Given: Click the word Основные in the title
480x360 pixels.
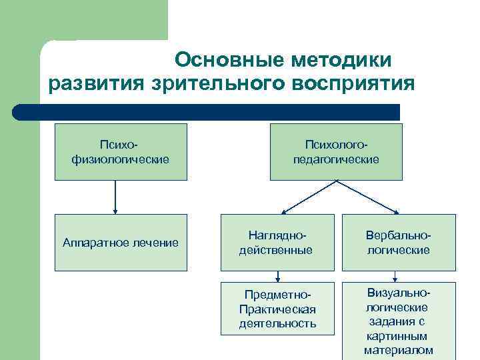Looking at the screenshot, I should point(229,59).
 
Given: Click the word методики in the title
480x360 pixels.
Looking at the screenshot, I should point(341,59).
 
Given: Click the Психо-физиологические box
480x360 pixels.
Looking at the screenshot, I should point(121,152).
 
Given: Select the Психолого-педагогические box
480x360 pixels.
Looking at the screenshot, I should point(336,152).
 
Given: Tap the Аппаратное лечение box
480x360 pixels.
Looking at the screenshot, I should point(121,242).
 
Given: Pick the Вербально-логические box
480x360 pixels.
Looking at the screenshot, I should point(397,243).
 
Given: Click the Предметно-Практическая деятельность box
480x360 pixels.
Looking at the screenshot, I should point(277,309).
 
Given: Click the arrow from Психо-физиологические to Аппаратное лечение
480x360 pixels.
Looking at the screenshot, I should point(115,197).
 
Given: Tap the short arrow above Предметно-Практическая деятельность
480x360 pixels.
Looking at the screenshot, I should point(277,276).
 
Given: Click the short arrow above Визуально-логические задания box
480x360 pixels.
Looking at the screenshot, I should point(396,276).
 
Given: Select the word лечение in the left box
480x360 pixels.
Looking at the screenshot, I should point(155,243).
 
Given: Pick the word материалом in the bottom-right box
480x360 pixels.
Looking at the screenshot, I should point(398,350).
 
